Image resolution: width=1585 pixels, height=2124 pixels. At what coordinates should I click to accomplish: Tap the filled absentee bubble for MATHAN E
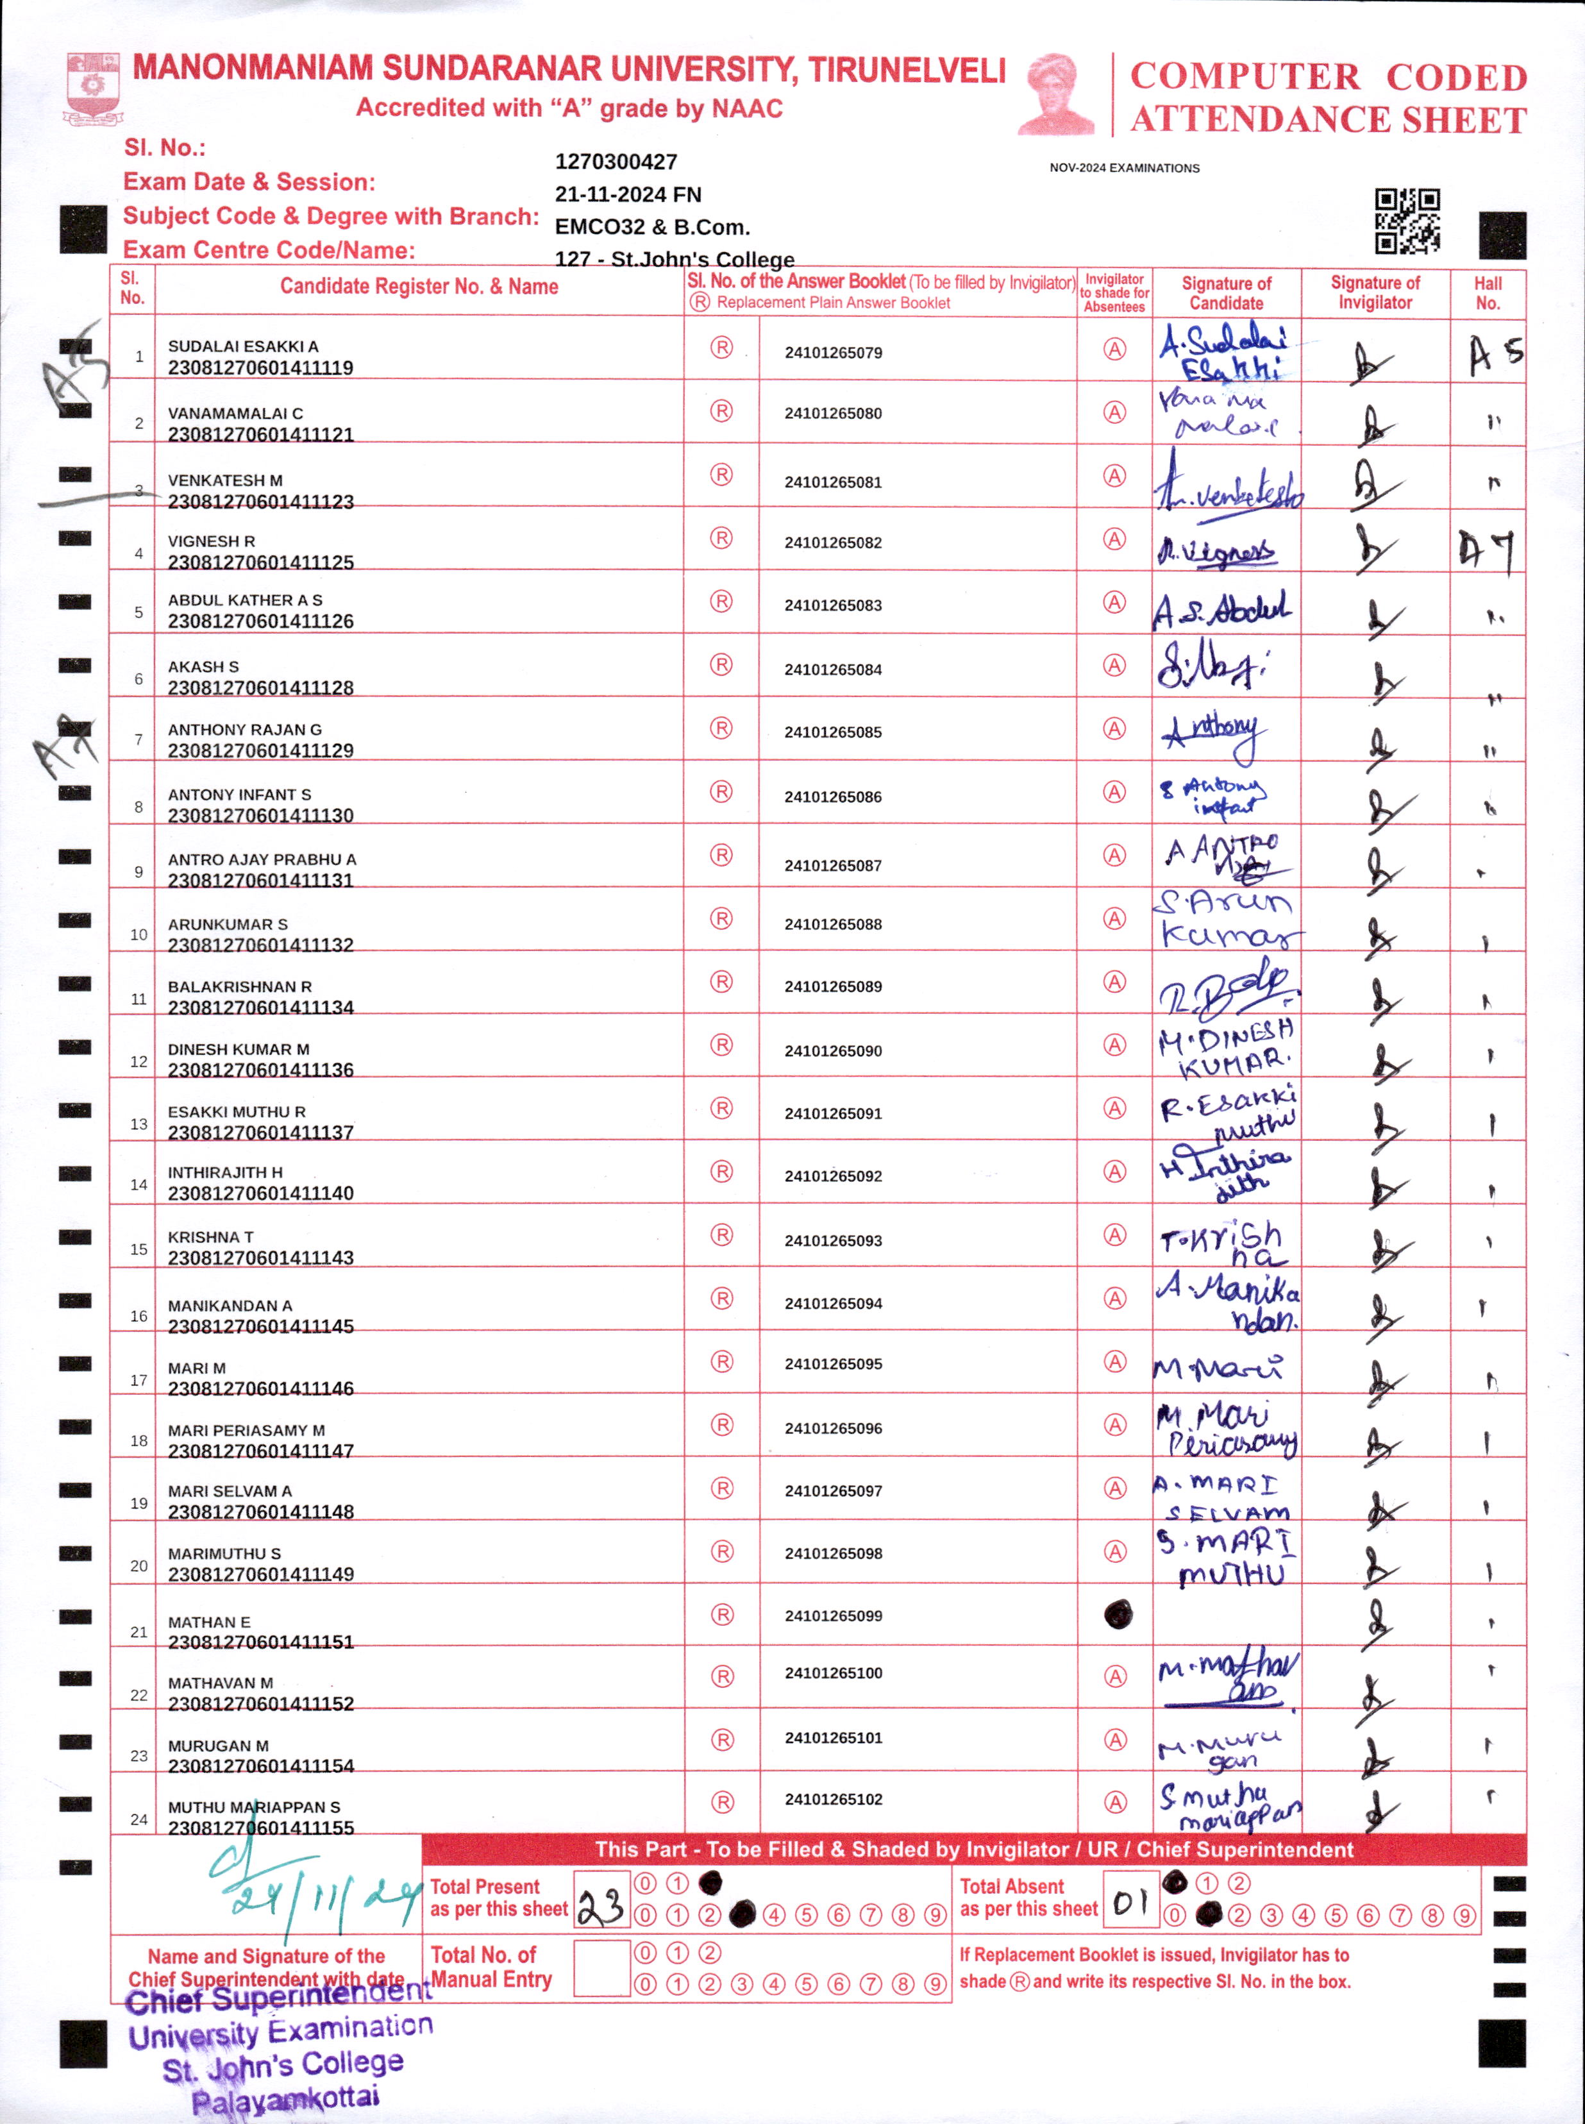tap(1117, 1615)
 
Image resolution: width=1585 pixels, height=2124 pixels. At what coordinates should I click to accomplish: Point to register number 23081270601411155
tap(261, 1828)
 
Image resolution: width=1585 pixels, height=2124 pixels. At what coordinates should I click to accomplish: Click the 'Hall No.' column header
tap(1487, 292)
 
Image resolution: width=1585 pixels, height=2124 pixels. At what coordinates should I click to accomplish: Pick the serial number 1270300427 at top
tap(616, 162)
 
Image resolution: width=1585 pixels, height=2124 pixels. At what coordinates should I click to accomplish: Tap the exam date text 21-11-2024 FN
tap(628, 195)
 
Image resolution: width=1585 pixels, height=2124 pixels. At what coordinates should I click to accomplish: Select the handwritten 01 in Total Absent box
tap(1131, 1901)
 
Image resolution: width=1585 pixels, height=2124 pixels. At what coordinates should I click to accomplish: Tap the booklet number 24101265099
tap(833, 1615)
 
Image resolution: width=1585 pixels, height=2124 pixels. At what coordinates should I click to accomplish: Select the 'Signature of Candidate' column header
tap(1226, 292)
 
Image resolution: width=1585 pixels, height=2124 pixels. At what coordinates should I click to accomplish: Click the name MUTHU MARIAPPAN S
tap(255, 1807)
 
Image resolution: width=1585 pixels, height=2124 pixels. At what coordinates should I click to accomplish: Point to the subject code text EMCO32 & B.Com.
tap(653, 228)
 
